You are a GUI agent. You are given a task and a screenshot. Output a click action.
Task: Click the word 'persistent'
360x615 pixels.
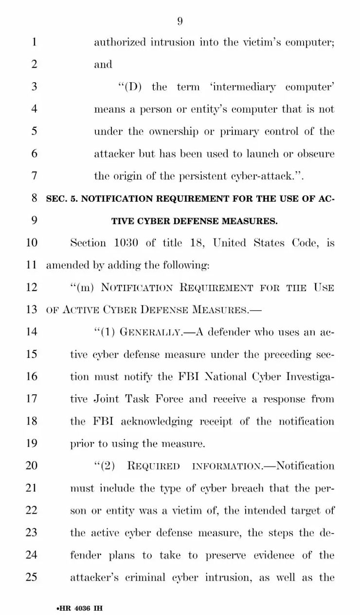tap(187, 176)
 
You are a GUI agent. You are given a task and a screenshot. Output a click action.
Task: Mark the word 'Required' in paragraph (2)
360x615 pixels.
tap(153, 466)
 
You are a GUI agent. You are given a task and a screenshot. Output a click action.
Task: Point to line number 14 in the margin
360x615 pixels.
tap(31, 332)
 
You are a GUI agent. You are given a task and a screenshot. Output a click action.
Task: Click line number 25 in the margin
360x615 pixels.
tap(31, 578)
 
